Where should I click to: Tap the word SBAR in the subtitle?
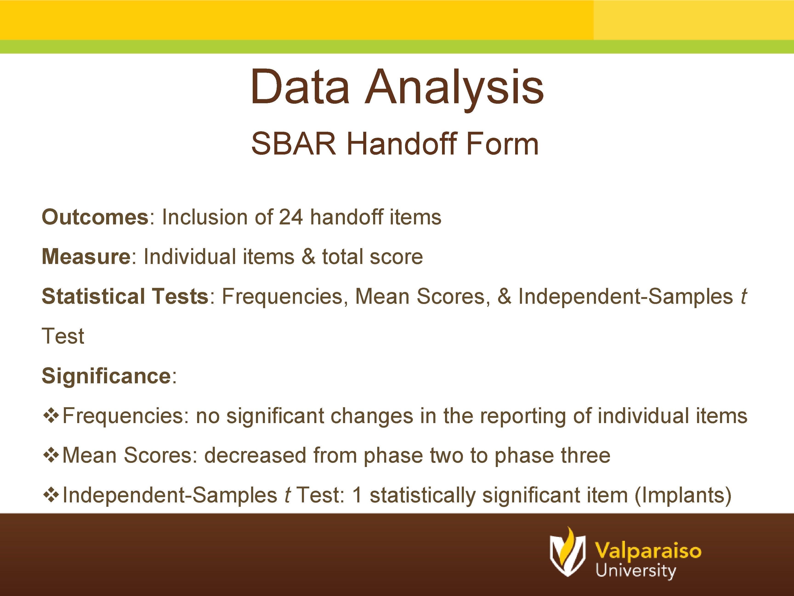coord(293,144)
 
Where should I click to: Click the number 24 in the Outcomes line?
coord(291,217)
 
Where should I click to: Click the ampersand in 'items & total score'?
coord(308,257)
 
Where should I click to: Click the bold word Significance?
coord(106,376)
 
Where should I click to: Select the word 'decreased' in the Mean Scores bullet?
coord(255,456)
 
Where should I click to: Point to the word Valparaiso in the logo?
coord(648,551)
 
